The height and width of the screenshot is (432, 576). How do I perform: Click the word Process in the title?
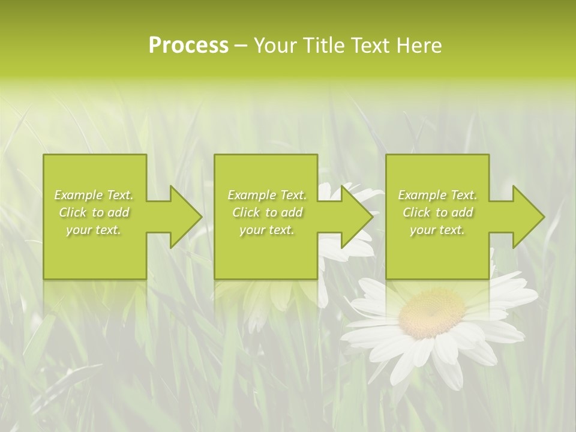coord(188,46)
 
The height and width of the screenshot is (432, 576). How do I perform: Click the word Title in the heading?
coord(322,46)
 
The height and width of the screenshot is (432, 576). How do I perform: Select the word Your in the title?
coord(276,46)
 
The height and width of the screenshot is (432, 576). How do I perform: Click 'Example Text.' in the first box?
coord(94,195)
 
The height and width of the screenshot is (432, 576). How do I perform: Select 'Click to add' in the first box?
coord(94,212)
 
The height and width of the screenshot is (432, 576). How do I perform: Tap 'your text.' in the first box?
coord(94,230)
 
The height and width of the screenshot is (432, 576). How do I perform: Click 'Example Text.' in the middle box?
coord(267,195)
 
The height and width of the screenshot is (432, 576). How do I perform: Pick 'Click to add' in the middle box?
coord(267,212)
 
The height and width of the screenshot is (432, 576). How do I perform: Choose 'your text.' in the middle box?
coord(267,230)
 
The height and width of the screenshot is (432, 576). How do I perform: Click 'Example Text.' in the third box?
coord(437,195)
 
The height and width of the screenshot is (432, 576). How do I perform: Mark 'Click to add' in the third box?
coord(437,212)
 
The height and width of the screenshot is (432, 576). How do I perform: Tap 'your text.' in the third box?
coord(437,230)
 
